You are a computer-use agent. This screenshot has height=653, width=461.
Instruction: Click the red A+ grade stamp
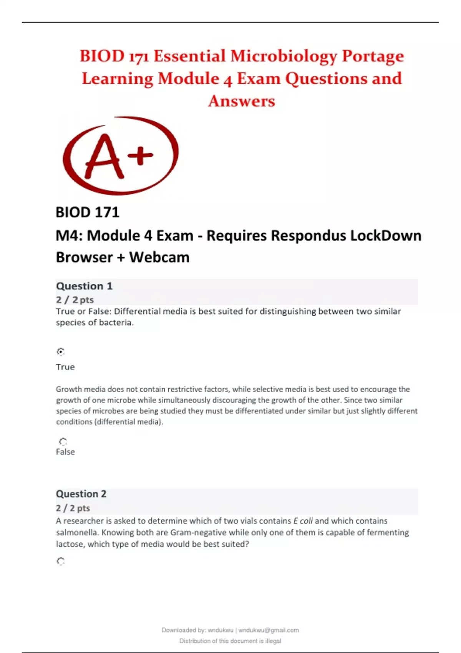[121, 156]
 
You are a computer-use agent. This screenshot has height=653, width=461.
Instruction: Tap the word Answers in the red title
[242, 101]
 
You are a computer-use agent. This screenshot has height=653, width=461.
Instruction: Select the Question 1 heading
[84, 286]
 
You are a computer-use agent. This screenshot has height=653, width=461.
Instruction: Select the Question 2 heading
[81, 494]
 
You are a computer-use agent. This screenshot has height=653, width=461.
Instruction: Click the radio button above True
[61, 351]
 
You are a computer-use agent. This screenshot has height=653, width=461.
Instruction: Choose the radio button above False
[63, 442]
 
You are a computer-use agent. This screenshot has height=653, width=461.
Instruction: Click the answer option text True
[65, 367]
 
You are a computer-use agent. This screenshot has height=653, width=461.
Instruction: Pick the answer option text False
[65, 452]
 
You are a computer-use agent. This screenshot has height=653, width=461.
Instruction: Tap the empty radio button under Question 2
[61, 562]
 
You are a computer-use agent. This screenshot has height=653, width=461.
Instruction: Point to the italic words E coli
[303, 521]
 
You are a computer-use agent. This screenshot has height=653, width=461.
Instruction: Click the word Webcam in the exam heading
[159, 257]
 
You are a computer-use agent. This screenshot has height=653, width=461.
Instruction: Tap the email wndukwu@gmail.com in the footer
[269, 630]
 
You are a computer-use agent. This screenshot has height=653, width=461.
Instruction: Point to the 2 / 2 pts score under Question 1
[75, 300]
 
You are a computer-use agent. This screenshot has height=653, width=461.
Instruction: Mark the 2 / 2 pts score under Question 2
[73, 508]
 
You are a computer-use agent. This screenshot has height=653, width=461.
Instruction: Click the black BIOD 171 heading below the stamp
[88, 212]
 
